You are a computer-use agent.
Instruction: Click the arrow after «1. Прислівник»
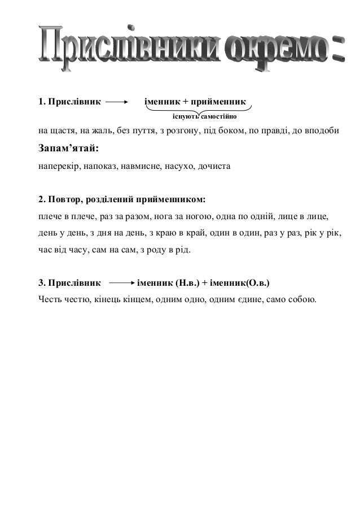116,103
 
